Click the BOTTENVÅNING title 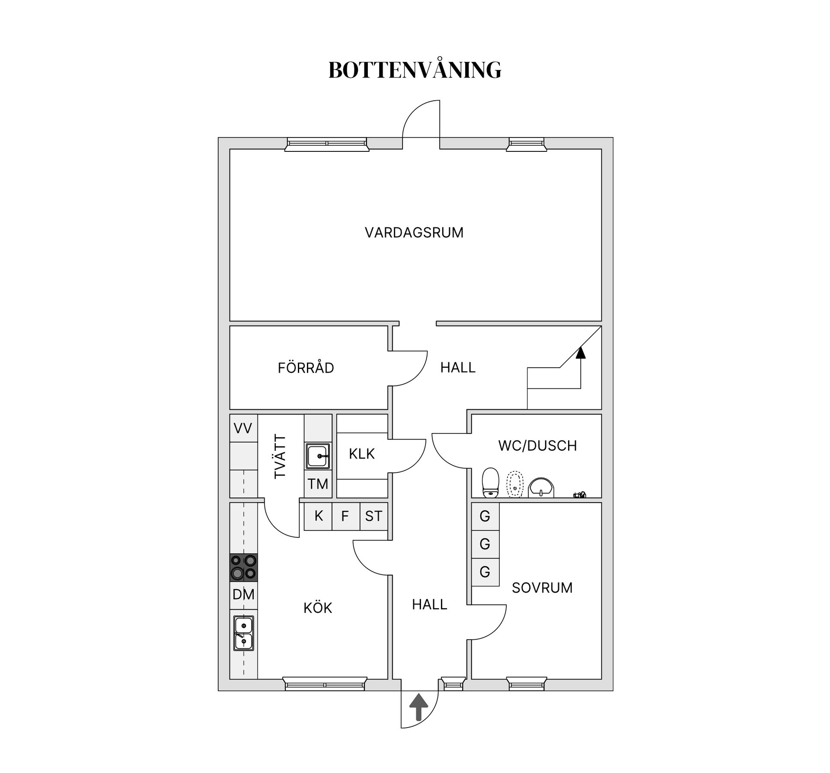coord(415,69)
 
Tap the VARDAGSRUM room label coord(414,233)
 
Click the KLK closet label coord(362,454)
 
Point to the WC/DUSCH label coord(537,446)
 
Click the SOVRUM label coord(542,587)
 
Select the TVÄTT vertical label coord(280,457)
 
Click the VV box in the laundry coord(243,428)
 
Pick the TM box coord(318,484)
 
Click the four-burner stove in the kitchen coord(243,567)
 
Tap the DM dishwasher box coord(243,595)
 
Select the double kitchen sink coord(243,633)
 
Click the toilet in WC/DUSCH coord(491,483)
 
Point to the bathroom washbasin coord(541,488)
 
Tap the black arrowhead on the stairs coord(581,353)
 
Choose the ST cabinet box coord(373,516)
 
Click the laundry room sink coord(318,456)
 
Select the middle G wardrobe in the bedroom coord(485,544)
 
